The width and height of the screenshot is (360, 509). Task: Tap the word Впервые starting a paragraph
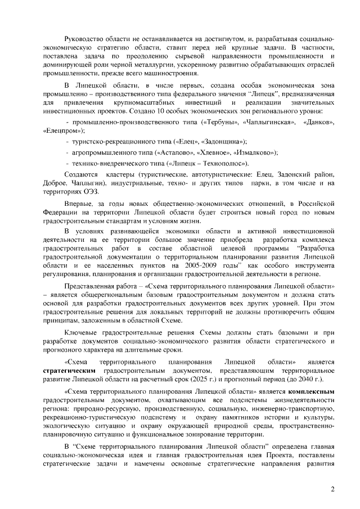[80, 202]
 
